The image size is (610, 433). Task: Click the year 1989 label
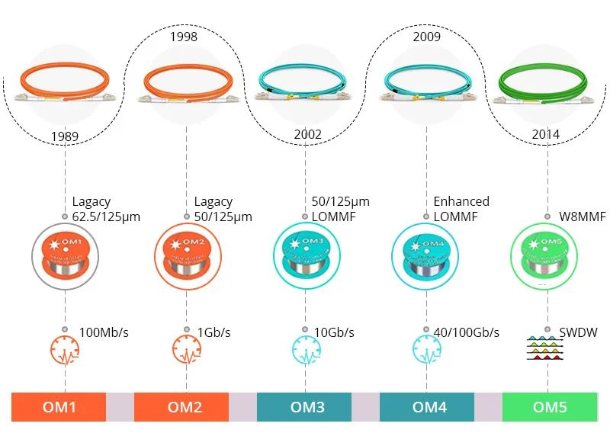65,136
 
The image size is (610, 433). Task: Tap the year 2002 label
307,135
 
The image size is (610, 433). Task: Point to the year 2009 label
427,37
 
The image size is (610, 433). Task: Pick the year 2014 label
546,135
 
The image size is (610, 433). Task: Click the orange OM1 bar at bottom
58,407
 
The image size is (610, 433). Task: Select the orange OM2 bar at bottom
181,407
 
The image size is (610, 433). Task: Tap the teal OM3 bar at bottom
304,407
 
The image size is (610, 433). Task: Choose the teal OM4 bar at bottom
427,407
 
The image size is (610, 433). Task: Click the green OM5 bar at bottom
549,407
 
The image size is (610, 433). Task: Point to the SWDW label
578,332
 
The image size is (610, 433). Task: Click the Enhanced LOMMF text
461,209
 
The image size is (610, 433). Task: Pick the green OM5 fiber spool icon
548,252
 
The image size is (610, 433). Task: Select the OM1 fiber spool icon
65,252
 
